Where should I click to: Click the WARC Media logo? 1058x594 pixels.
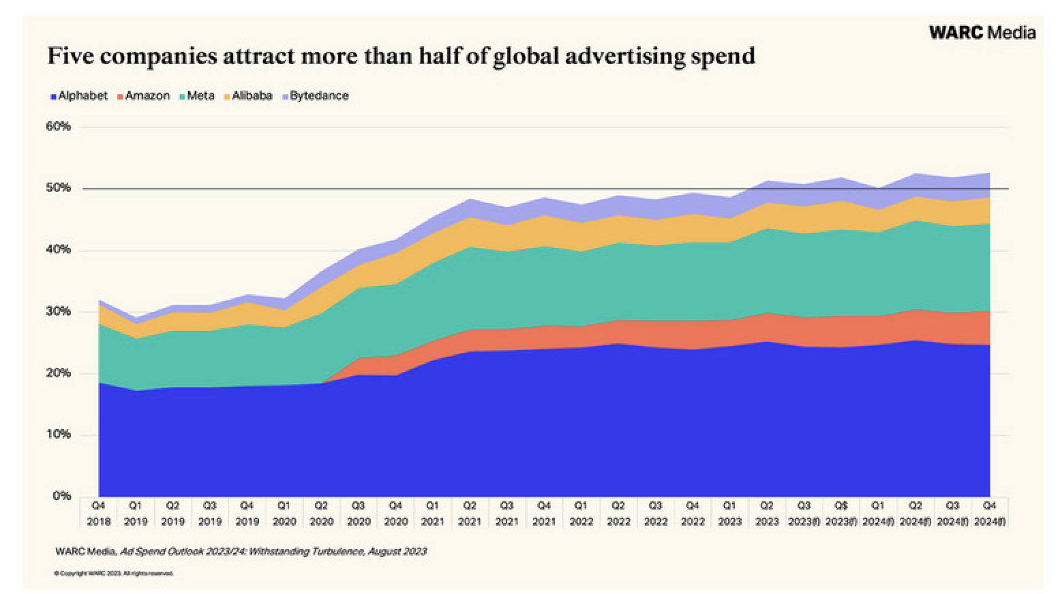coord(982,32)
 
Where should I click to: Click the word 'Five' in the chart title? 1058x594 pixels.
coord(70,55)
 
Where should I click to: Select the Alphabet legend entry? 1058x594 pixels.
coord(79,96)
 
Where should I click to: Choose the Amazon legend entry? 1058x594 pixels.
coord(143,96)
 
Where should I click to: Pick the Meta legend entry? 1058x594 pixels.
coord(197,96)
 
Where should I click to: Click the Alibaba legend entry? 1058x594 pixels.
coord(247,96)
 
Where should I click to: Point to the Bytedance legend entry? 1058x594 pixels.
coord(315,96)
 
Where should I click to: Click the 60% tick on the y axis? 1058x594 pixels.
coord(58,127)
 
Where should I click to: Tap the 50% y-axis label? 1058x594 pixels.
coord(58,188)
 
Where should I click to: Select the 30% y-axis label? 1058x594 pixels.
coord(58,311)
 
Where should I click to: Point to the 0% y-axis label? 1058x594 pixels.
coord(61,496)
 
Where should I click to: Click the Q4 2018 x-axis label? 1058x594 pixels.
coord(99,514)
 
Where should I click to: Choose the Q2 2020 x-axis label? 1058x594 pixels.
coord(321,514)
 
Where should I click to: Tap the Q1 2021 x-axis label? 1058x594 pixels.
coord(432,514)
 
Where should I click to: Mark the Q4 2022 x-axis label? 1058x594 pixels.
coord(692,514)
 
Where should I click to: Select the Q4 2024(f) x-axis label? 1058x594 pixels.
coord(989,514)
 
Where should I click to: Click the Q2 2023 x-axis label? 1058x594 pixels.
coord(766,514)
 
